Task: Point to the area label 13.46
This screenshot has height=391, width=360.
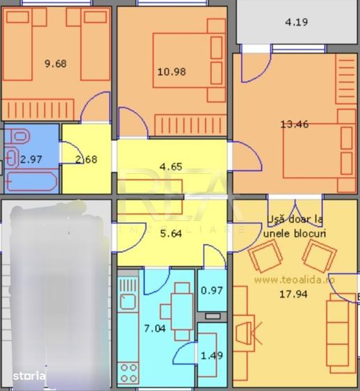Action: [x=294, y=125]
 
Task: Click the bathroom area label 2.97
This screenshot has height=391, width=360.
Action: [x=31, y=159]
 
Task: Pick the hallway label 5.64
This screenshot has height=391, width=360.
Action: [x=171, y=233]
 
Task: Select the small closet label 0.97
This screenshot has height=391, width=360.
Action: [x=212, y=290]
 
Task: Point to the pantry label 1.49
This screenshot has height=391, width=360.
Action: [x=212, y=356]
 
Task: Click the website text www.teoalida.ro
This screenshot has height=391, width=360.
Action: [x=294, y=280]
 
